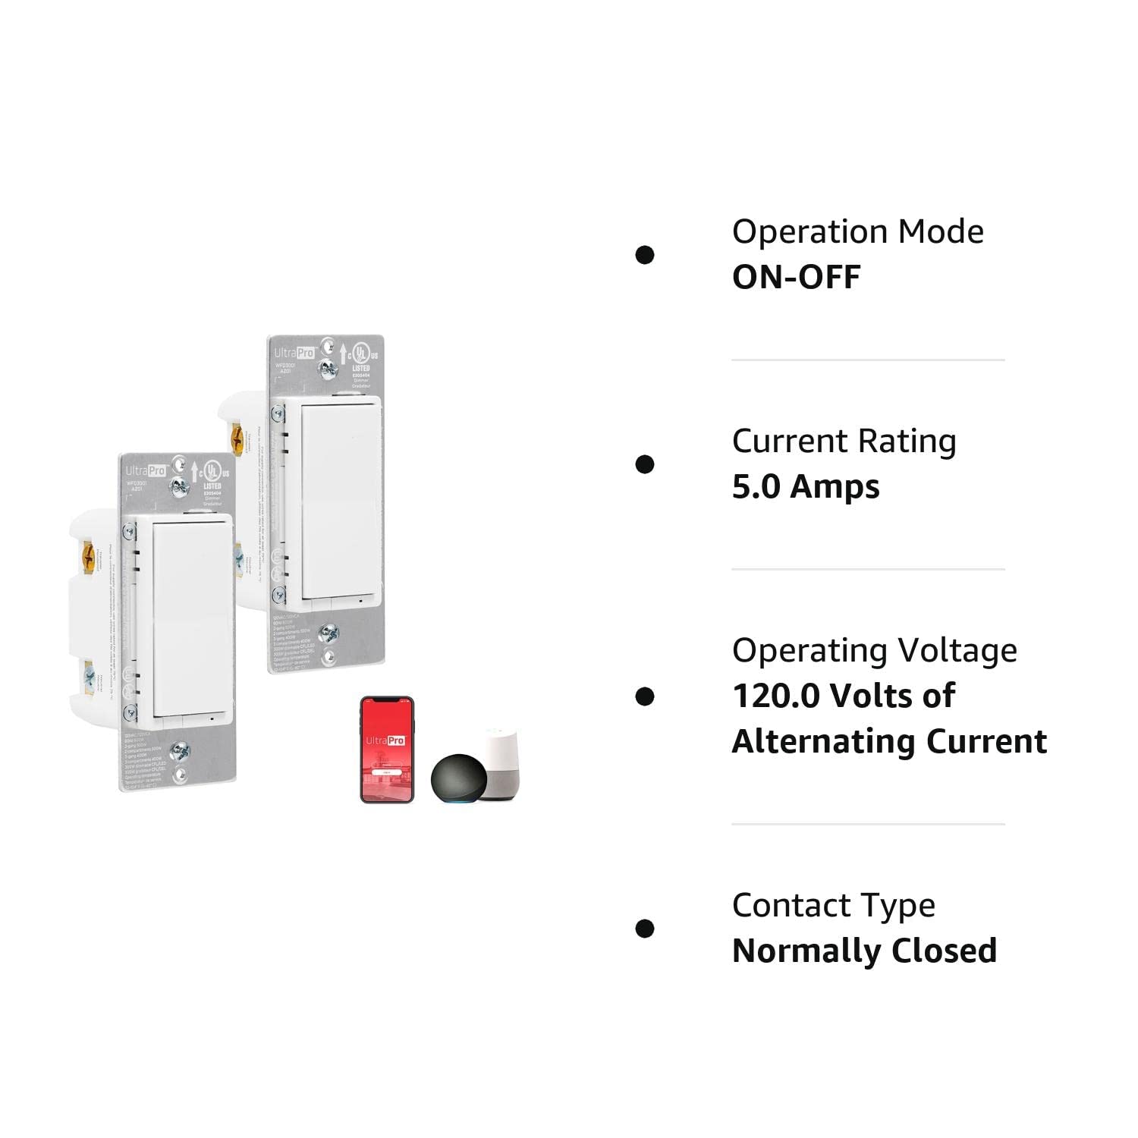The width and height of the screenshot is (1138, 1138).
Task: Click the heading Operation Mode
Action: (x=857, y=232)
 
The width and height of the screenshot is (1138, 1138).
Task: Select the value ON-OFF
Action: (x=796, y=278)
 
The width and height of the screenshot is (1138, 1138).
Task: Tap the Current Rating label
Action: (x=844, y=442)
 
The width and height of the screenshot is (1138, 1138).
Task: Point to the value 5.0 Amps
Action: (x=805, y=487)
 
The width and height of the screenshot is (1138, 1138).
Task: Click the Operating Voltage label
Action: (x=874, y=651)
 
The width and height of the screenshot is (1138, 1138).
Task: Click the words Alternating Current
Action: (x=889, y=742)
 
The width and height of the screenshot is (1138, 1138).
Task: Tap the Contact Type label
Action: (x=833, y=906)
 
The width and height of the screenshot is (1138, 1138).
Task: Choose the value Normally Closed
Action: (x=864, y=951)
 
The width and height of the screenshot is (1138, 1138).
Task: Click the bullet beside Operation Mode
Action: (x=645, y=255)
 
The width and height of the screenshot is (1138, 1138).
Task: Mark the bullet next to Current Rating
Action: (x=645, y=464)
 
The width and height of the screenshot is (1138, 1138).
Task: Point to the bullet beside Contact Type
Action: (x=645, y=929)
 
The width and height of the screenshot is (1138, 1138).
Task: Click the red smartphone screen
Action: (x=387, y=749)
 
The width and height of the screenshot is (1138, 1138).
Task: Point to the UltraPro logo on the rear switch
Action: (x=294, y=352)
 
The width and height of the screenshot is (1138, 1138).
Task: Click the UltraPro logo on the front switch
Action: (x=146, y=470)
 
